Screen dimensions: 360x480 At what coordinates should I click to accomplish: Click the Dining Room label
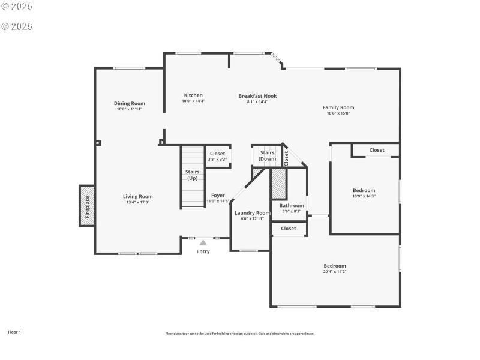point(130,103)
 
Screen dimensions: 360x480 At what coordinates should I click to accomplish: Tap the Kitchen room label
point(193,95)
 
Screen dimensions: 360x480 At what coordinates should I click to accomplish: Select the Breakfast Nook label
point(257,96)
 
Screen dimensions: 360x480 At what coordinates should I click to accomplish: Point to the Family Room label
point(338,107)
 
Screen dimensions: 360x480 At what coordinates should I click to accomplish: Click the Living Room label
point(138,196)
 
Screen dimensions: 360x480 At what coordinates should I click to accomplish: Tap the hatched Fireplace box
point(87,206)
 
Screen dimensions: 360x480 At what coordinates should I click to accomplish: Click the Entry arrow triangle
point(203,242)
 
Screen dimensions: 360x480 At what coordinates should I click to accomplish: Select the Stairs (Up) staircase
point(193,178)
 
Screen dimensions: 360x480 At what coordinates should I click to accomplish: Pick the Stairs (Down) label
point(268,156)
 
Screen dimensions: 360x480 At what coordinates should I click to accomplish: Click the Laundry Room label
point(252,213)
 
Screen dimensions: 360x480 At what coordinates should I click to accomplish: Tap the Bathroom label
point(292,206)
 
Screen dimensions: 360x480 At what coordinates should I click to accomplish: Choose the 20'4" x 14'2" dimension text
point(335,272)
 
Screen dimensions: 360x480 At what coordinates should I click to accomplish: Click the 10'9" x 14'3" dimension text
point(364,196)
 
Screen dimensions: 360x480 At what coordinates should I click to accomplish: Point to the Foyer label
point(218,196)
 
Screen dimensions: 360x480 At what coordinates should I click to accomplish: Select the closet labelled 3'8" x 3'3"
point(218,156)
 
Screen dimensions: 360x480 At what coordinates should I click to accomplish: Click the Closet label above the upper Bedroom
point(377,150)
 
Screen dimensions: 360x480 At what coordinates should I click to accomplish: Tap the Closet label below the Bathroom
point(289,229)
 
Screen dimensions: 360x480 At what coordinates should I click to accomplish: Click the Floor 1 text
point(14,332)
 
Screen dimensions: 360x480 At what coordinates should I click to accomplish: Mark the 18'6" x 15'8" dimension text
point(338,113)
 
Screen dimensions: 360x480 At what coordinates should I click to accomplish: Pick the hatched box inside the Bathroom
point(278,184)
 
